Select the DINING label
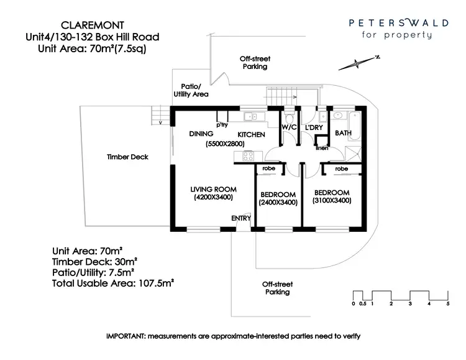pyautogui.click(x=201, y=134)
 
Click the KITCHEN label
pyautogui.click(x=251, y=134)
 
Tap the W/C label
pyautogui.click(x=290, y=127)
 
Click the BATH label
pyautogui.click(x=343, y=133)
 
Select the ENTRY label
pyautogui.click(x=241, y=218)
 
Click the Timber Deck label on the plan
pyautogui.click(x=127, y=157)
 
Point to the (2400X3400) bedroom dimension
pyautogui.click(x=278, y=202)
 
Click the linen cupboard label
pyautogui.click(x=321, y=147)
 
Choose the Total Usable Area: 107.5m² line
pyautogui.click(x=112, y=282)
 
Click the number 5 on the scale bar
pyautogui.click(x=447, y=303)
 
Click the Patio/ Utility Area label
pyautogui.click(x=191, y=90)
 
